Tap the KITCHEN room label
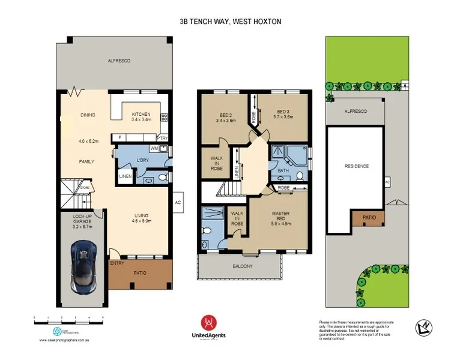click(141, 114)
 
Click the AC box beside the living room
click(178, 202)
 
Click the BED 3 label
click(284, 112)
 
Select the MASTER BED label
click(281, 214)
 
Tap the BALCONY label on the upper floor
click(243, 266)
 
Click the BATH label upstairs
click(283, 171)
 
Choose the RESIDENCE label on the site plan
click(357, 166)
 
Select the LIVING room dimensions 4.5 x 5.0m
click(142, 221)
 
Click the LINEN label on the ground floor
click(125, 176)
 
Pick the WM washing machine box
click(154, 148)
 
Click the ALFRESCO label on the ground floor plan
click(119, 61)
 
